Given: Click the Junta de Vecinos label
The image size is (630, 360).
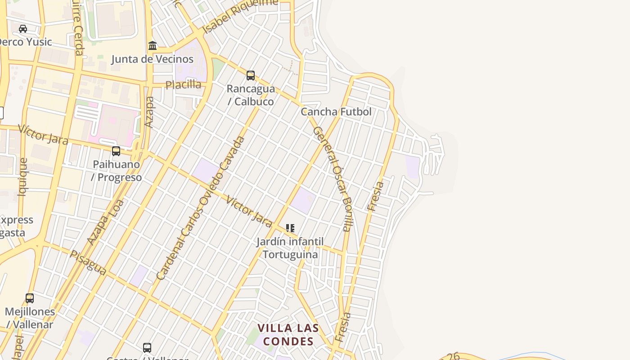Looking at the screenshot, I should coord(152,59).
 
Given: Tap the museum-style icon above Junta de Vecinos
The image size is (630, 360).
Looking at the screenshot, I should coord(153,46).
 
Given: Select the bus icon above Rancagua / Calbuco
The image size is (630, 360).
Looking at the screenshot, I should coord(251,76).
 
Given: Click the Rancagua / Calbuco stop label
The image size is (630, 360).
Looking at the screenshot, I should coord(251,95).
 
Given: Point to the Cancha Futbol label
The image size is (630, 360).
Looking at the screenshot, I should coord(336,112).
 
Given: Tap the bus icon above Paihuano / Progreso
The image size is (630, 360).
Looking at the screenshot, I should coord(116,151).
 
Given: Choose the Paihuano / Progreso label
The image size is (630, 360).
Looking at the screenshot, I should coord(117,171).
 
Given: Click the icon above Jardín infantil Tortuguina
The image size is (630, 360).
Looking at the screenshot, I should coord(290,229).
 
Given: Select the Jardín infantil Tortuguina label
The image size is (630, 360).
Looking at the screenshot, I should coord(290,248).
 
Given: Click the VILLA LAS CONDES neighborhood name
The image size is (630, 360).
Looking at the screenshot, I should coord(288,334).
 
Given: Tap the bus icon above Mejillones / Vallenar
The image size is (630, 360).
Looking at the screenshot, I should coord(30,298).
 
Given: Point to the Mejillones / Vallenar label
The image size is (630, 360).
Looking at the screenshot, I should coord(30,318).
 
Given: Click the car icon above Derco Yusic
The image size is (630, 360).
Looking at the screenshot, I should coord(23,29).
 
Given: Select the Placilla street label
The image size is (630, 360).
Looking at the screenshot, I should coord(183,85).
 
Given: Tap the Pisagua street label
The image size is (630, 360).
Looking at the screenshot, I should coord(88,262).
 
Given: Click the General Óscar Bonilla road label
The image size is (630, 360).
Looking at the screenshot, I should coord(332,178).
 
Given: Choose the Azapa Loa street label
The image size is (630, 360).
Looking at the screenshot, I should coord(105,223).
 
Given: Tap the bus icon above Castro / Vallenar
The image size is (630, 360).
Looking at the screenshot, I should coord(147,348).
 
